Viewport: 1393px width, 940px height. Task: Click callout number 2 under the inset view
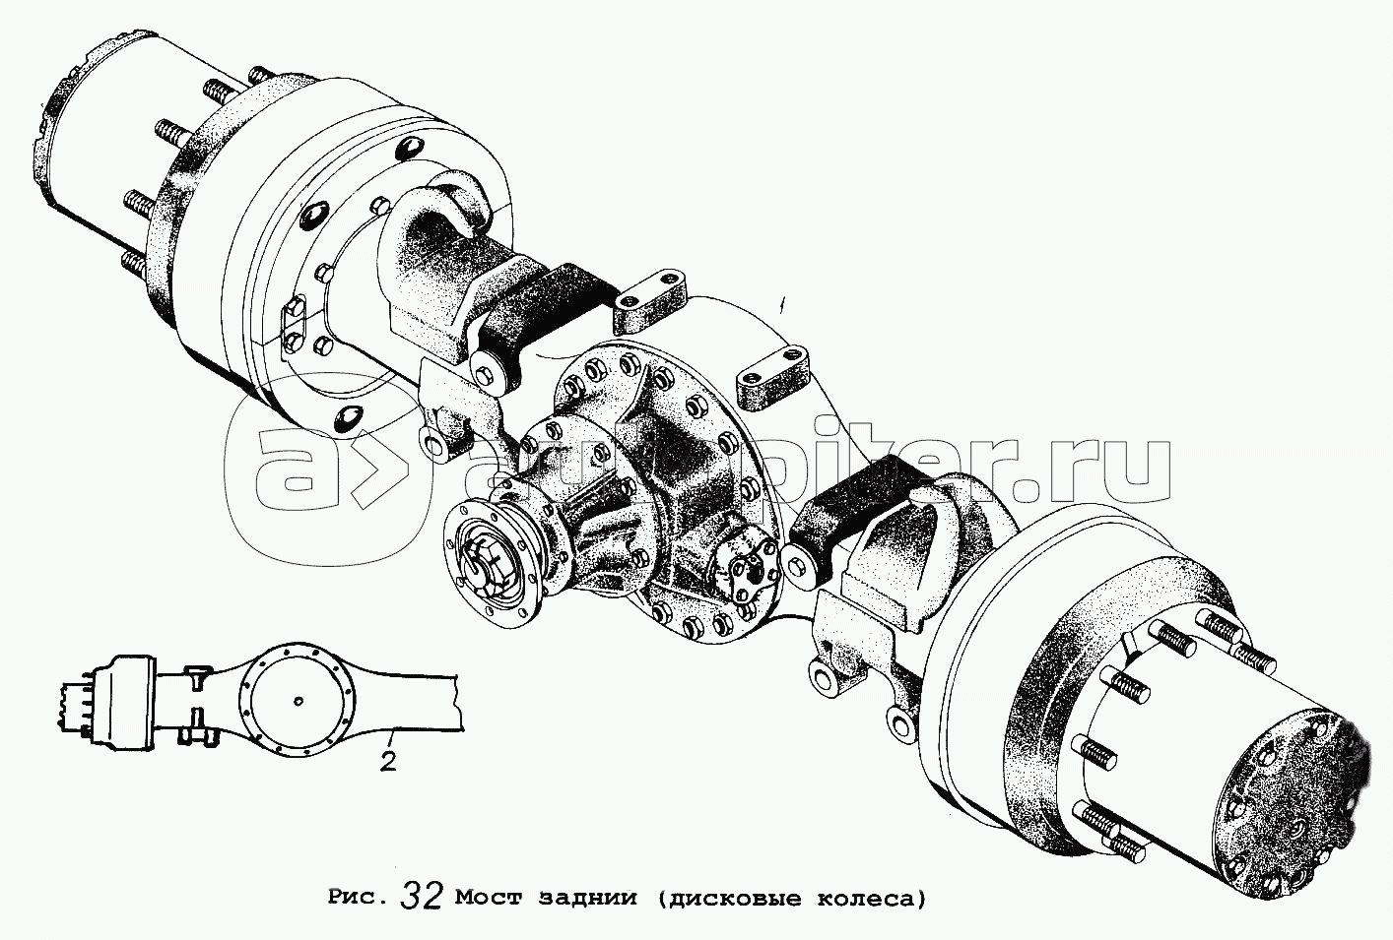tap(388, 761)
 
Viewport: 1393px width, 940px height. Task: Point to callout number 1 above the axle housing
tap(785, 306)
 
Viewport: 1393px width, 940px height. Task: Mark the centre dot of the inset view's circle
tap(299, 702)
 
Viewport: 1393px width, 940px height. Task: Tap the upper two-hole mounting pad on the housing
tap(653, 305)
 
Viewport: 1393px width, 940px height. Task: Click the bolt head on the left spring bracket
tap(484, 375)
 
